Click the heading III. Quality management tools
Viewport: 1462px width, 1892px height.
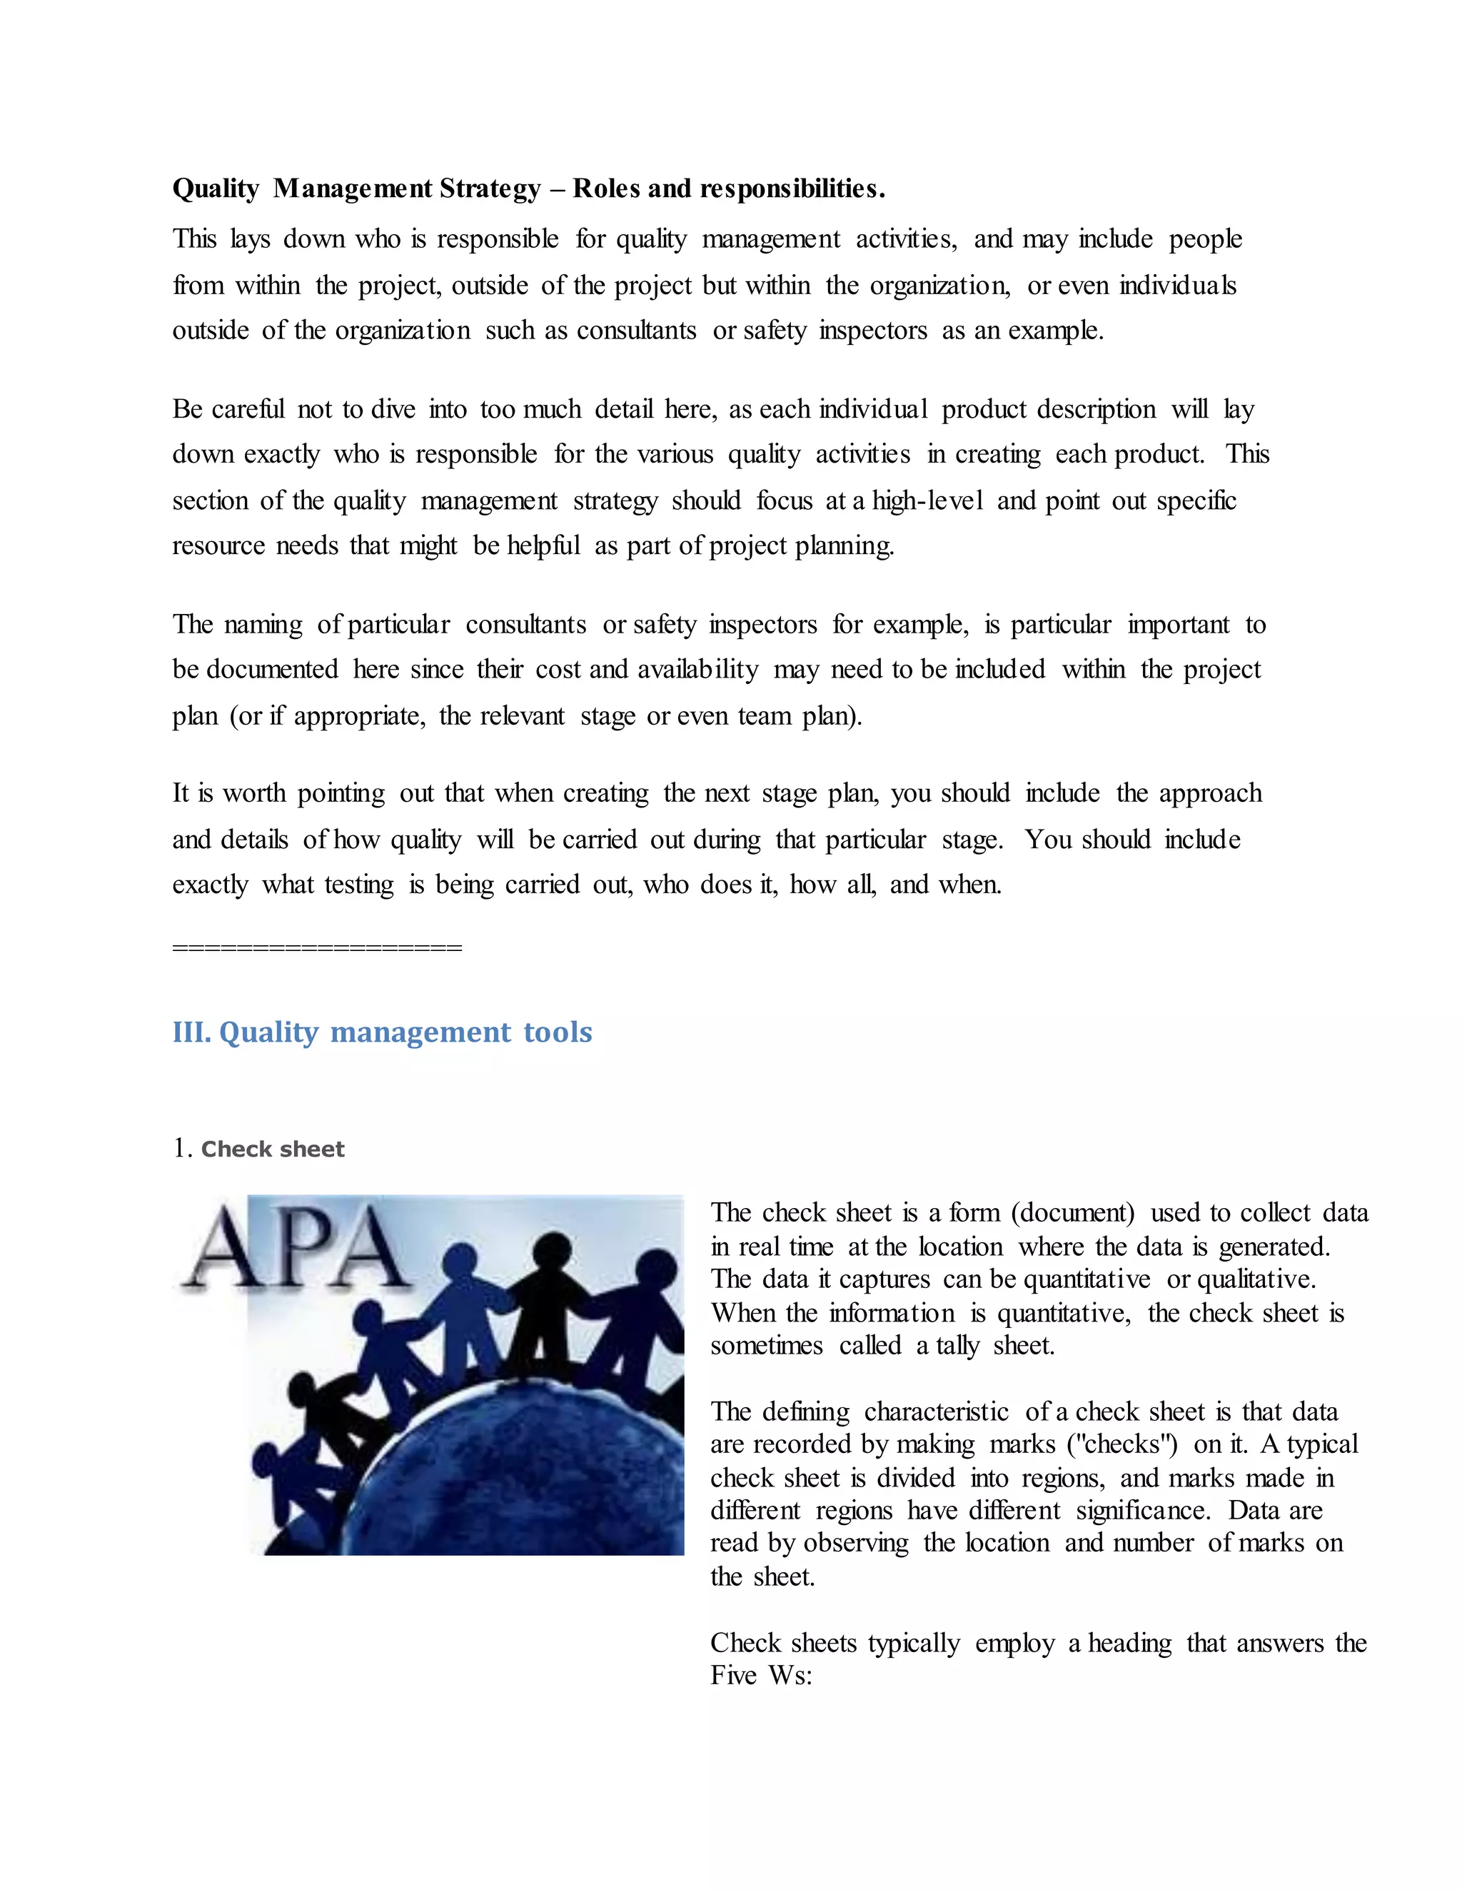point(382,1032)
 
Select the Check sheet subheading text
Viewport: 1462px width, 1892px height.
point(272,1149)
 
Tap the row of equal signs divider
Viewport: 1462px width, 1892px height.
point(317,947)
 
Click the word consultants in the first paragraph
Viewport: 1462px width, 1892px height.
point(636,331)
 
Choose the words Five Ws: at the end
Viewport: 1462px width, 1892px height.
point(761,1676)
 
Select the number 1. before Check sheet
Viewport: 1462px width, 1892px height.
point(182,1149)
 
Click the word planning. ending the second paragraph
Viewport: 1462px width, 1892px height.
point(845,545)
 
